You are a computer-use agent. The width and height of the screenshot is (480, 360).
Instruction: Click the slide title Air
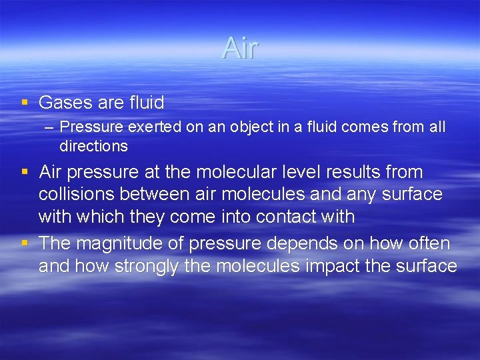pyautogui.click(x=240, y=48)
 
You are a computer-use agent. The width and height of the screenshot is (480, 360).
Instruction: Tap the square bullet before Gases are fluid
pyautogui.click(x=25, y=103)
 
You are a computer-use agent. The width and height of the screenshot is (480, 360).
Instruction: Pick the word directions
pyautogui.click(x=93, y=145)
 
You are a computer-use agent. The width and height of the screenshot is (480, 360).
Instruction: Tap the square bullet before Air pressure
pyautogui.click(x=25, y=172)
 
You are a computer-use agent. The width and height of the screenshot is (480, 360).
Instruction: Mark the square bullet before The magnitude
pyautogui.click(x=25, y=244)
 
